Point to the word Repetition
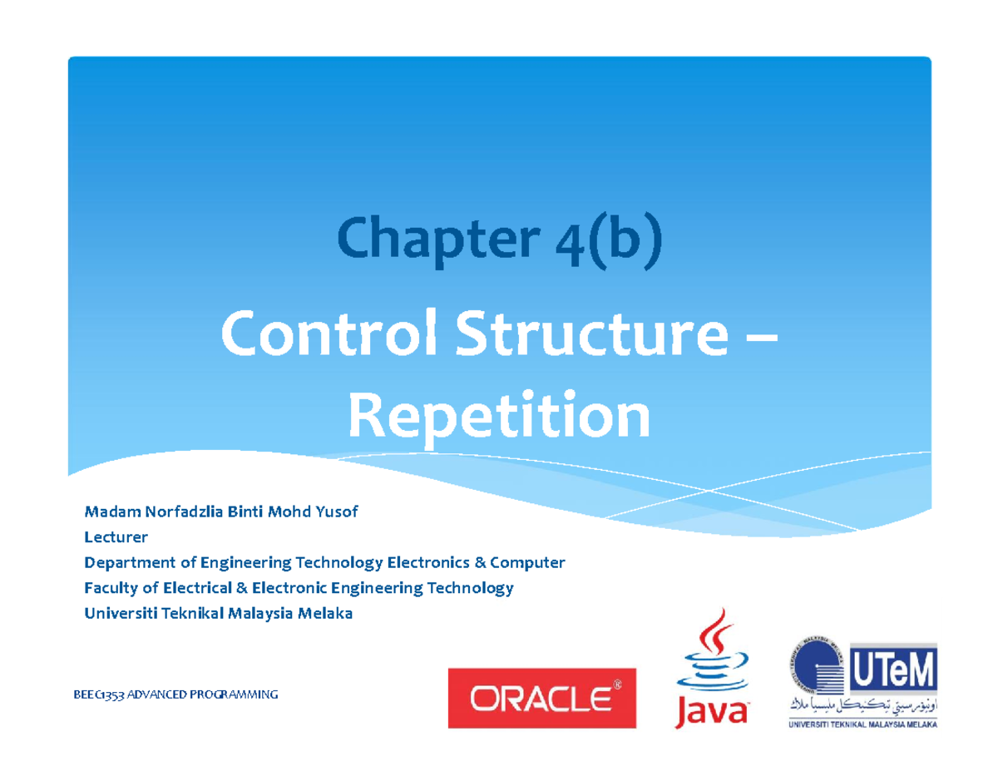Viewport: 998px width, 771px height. [498, 418]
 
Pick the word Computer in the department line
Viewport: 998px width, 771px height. [527, 563]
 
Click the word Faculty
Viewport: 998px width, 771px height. [108, 589]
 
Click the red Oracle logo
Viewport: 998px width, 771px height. [541, 698]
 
